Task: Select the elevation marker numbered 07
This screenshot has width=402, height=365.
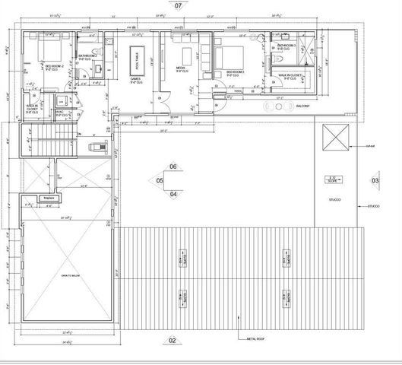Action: point(179,5)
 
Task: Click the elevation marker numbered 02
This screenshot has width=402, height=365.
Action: point(173,340)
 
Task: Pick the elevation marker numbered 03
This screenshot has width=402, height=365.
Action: point(375,180)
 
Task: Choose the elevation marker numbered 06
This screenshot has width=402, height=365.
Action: point(173,167)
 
